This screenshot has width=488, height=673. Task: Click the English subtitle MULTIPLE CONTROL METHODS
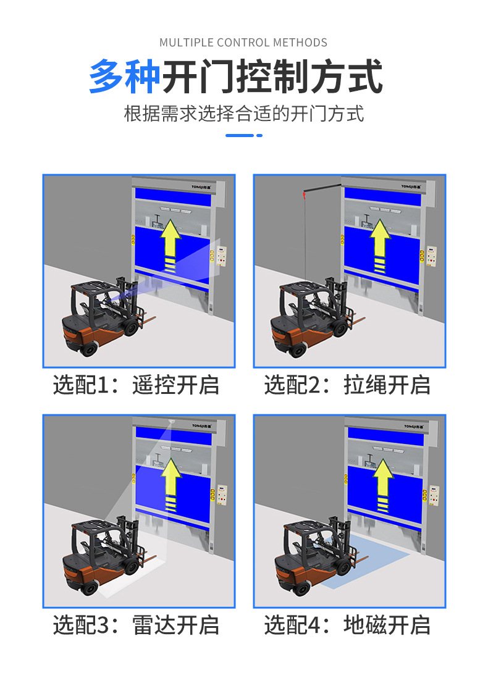tap(243, 43)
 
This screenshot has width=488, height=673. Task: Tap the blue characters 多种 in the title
tap(124, 77)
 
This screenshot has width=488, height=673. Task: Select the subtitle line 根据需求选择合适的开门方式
tap(243, 114)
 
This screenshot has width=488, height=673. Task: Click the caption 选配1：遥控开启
tap(136, 385)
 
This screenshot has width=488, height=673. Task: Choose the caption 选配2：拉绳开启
tap(347, 385)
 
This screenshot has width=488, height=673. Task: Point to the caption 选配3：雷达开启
tap(136, 625)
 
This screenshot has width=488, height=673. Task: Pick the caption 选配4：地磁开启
tap(347, 625)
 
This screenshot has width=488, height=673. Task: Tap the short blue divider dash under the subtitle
tap(243, 135)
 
